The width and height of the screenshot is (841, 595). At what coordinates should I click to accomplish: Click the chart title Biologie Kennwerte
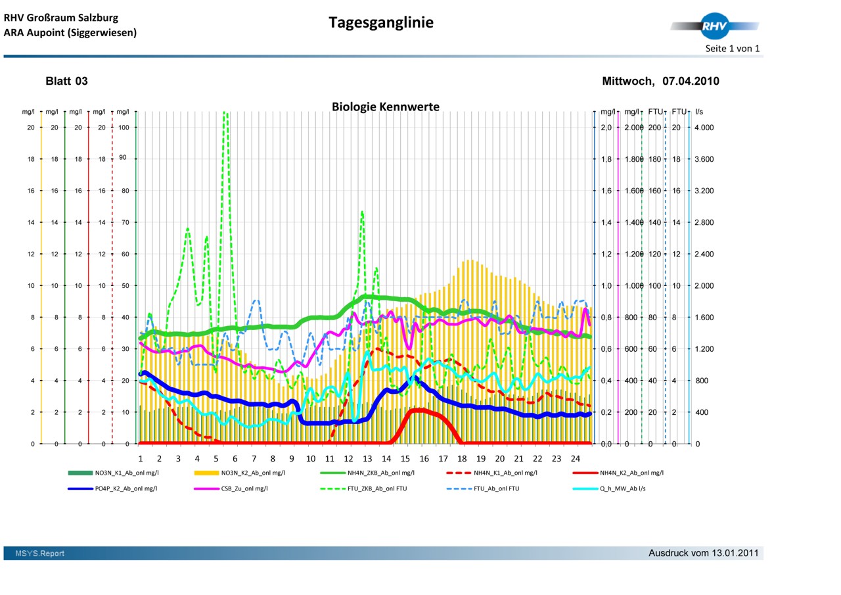[385, 107]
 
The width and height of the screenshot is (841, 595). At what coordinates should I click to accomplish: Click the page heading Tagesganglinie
[381, 23]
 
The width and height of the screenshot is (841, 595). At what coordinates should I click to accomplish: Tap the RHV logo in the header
[714, 26]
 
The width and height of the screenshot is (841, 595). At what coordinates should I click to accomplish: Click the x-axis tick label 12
[349, 458]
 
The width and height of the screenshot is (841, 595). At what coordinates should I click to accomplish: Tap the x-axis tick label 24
[576, 458]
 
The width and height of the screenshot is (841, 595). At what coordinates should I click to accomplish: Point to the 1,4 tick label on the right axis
[606, 222]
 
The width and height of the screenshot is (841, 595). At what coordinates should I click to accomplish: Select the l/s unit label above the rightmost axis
[699, 112]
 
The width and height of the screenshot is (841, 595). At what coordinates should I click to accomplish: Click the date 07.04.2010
[690, 82]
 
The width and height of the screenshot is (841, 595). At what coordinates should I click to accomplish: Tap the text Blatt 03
[66, 82]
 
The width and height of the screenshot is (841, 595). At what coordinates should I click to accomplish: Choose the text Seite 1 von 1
[732, 49]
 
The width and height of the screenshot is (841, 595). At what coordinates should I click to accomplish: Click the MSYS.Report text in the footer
[40, 554]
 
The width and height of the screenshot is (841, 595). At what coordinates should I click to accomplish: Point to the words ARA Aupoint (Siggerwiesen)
[70, 32]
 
